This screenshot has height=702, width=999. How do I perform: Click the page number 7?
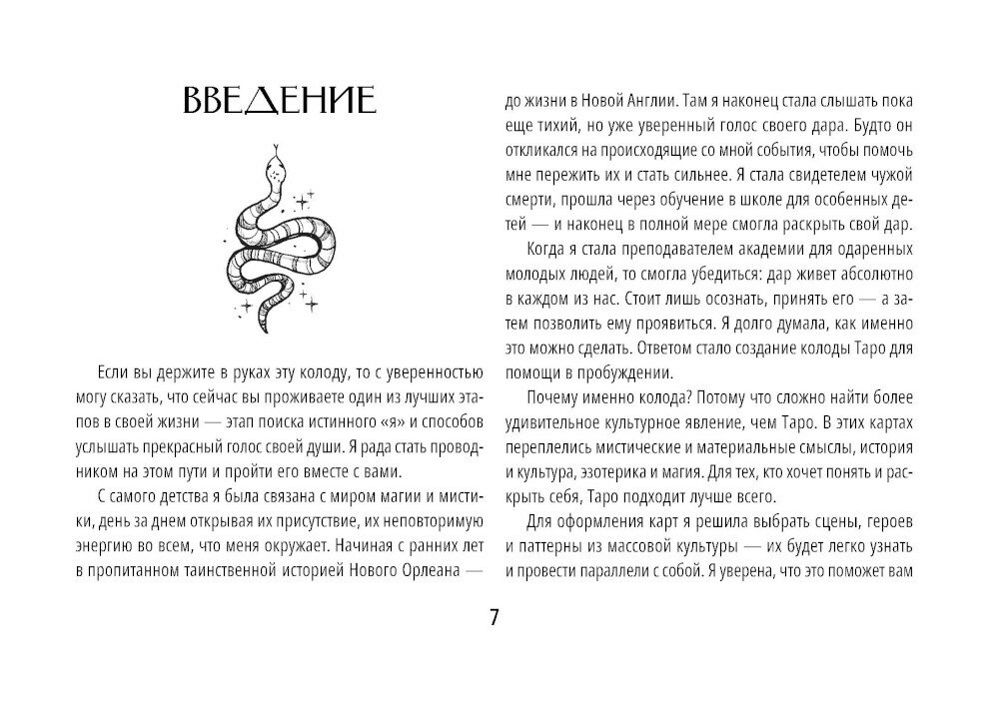click(494, 616)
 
